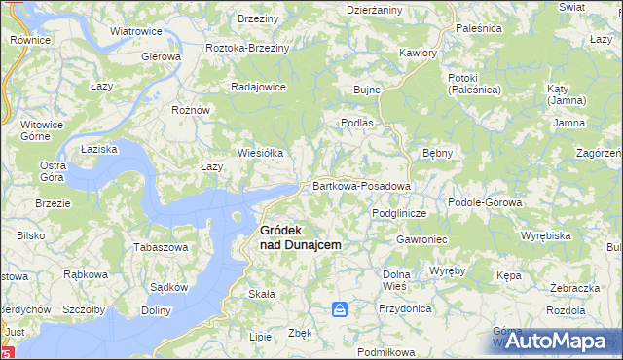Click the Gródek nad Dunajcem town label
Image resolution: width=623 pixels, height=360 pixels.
tap(300, 237)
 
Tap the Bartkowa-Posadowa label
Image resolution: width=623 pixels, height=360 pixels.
tap(361, 185)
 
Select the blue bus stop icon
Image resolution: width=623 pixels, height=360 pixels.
tap(340, 309)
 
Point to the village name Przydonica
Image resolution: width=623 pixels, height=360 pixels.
tap(406, 307)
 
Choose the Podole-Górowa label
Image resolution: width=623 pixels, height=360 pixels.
tap(485, 202)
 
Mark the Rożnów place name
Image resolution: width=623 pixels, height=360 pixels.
tap(191, 110)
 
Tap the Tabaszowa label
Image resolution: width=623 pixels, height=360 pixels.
tap(161, 247)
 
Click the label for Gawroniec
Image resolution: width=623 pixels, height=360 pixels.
tap(421, 239)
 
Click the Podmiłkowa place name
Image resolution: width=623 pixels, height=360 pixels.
tap(386, 351)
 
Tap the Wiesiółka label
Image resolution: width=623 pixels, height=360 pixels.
tap(261, 153)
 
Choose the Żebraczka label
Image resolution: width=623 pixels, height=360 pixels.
tap(573, 289)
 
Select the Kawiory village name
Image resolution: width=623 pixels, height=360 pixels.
tap(419, 53)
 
